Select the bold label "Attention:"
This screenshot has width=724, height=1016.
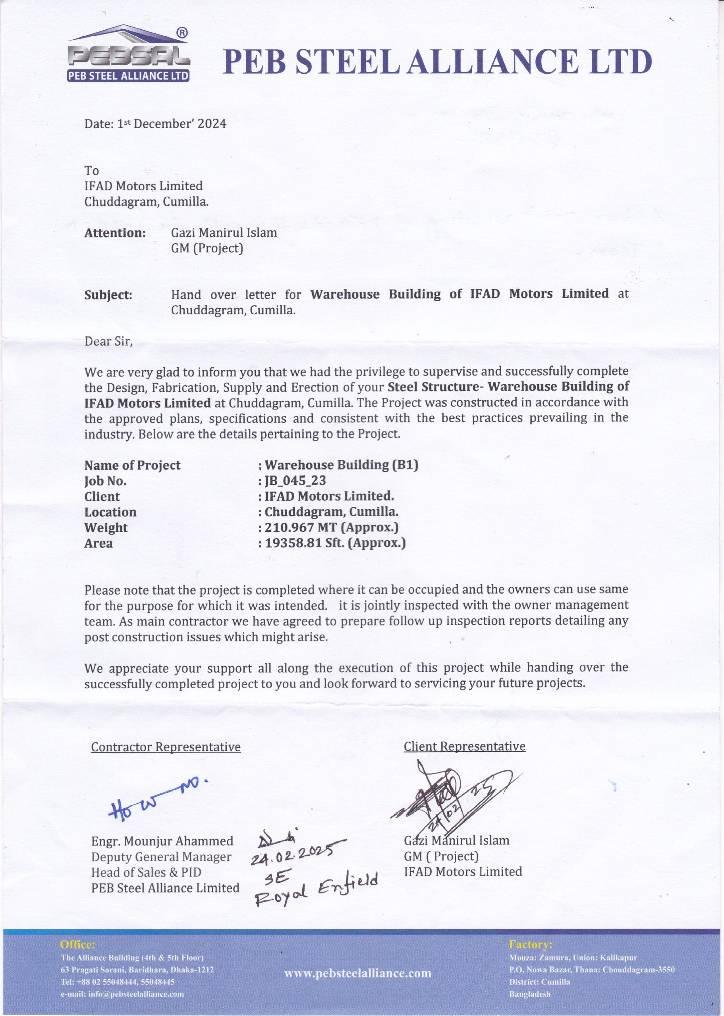[115, 233]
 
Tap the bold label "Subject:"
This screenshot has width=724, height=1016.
[108, 295]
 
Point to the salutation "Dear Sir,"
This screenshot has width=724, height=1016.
[108, 341]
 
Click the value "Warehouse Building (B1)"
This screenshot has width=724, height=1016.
[341, 465]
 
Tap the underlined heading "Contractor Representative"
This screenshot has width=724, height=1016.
[166, 747]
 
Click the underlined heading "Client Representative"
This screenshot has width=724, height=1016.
[465, 747]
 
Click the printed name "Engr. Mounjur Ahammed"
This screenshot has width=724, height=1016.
[162, 841]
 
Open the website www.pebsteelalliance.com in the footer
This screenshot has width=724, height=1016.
[357, 973]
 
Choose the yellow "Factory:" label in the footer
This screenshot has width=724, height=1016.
[531, 944]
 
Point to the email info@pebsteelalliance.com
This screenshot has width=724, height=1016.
[122, 994]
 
